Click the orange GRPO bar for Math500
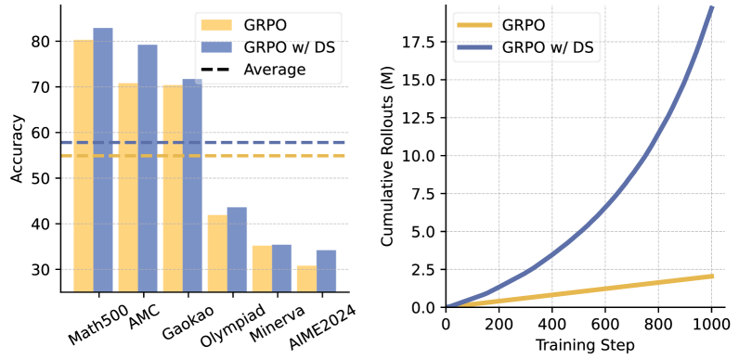click(x=84, y=167)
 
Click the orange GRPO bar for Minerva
click(x=262, y=269)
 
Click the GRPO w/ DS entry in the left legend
click(x=278, y=46)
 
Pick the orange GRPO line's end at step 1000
click(x=710, y=276)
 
